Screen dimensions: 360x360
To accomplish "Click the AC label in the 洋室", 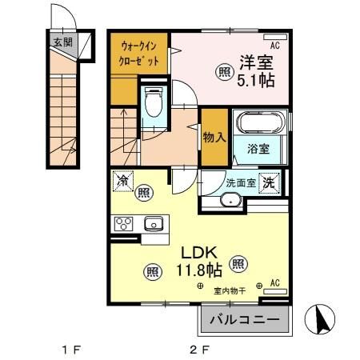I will (274, 45).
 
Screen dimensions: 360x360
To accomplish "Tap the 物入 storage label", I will (214, 137).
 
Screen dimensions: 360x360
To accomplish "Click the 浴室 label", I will (258, 150).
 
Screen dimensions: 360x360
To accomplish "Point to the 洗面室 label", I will (239, 182).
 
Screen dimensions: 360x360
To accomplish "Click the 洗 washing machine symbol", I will (270, 182).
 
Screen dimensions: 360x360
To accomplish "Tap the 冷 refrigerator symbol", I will (123, 182).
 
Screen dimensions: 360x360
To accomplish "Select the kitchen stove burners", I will (124, 223).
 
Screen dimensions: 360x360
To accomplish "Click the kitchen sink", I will (152, 223).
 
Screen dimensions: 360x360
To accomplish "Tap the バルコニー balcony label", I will (246, 322).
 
